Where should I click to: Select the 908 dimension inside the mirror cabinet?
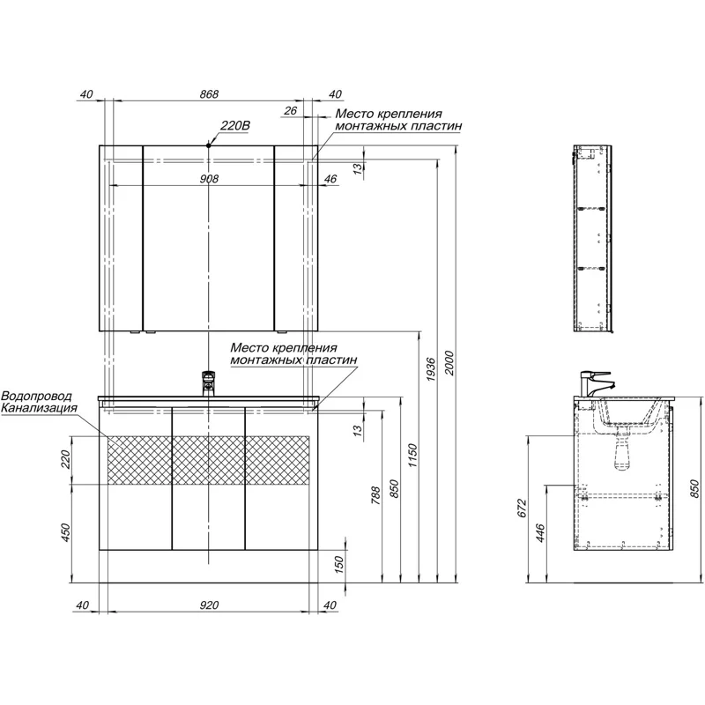point(209,179)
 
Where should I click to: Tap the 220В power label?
point(235,126)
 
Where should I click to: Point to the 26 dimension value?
point(291,111)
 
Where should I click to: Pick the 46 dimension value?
point(330,179)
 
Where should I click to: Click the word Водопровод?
point(36,397)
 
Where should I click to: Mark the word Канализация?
point(39,409)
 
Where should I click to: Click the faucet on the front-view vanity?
point(208,382)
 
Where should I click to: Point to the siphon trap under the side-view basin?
point(622,454)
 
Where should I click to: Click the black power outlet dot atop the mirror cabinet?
point(209,144)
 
